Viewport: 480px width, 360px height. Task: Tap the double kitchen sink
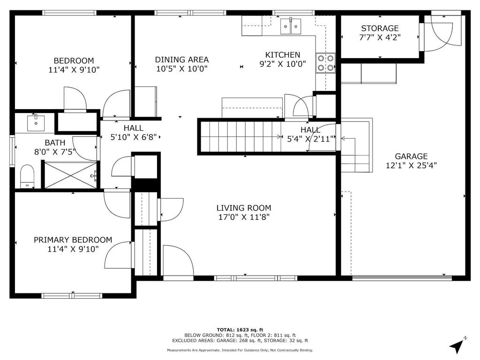click(x=292, y=26)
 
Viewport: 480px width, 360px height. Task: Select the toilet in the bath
click(x=27, y=176)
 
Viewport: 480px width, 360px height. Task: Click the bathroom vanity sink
click(x=34, y=123)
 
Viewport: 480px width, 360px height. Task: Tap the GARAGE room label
click(x=411, y=157)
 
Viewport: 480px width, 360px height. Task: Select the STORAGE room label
click(x=380, y=29)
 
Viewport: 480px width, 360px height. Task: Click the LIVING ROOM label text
click(x=243, y=208)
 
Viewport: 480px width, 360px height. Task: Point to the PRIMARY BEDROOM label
click(x=73, y=240)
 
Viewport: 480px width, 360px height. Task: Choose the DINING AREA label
click(x=181, y=60)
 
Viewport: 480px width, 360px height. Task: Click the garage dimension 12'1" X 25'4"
click(x=411, y=165)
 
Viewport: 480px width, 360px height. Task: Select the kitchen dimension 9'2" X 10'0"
click(x=283, y=64)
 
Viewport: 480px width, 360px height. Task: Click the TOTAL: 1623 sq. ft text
click(x=240, y=330)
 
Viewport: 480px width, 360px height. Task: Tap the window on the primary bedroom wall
click(x=72, y=295)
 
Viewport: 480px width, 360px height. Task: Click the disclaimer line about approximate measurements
click(x=240, y=350)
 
